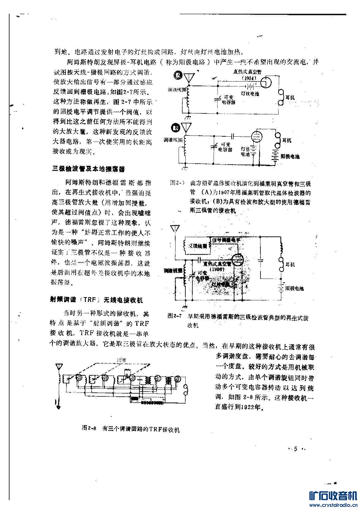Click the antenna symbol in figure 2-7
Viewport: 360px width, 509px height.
coord(175,229)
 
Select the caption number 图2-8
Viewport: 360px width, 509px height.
coord(89,428)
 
